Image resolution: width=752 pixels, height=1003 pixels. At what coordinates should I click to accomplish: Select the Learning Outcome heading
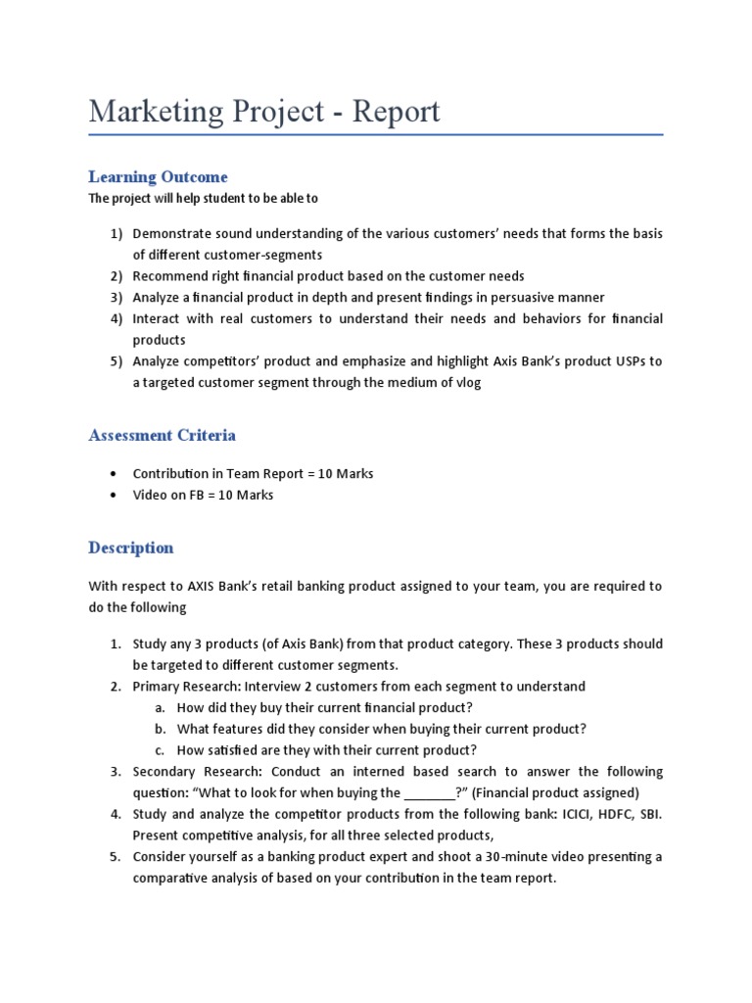[158, 177]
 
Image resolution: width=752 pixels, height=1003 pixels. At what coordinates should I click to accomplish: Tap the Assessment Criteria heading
[162, 435]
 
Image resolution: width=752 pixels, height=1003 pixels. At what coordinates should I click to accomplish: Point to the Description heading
[130, 548]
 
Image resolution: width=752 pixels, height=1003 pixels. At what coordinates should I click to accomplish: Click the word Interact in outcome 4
[157, 319]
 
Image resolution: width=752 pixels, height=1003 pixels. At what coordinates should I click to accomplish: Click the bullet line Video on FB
[203, 496]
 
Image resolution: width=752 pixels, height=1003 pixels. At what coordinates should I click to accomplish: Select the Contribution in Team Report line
[253, 474]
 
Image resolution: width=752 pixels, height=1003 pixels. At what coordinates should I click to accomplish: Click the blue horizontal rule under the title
[376, 134]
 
